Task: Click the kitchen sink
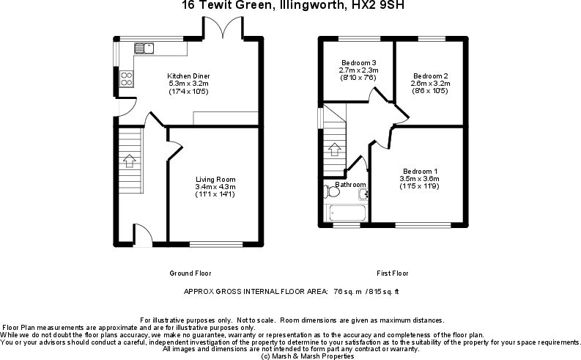click(144, 48)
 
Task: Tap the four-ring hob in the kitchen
click(126, 78)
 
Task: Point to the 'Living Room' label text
click(215, 179)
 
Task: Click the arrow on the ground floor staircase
click(130, 159)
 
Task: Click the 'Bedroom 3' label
click(358, 62)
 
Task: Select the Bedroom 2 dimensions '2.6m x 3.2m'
click(430, 84)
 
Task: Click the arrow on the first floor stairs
click(334, 150)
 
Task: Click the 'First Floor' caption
click(393, 273)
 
